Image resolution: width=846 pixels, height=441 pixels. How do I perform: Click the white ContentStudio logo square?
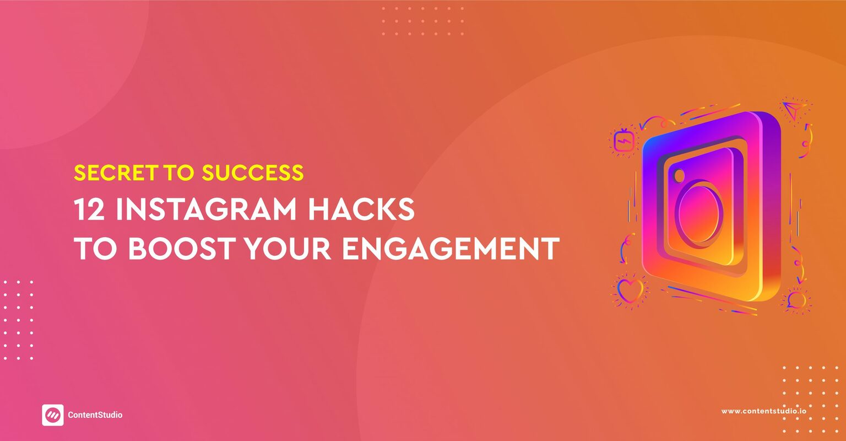coord(52,415)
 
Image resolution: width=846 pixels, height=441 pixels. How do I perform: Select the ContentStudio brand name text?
coord(95,415)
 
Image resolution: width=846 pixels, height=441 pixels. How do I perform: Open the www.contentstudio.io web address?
coord(764,411)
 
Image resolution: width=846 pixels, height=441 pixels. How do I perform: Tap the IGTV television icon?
coord(624,142)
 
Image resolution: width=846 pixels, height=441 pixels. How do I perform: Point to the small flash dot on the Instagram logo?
coord(679,176)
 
